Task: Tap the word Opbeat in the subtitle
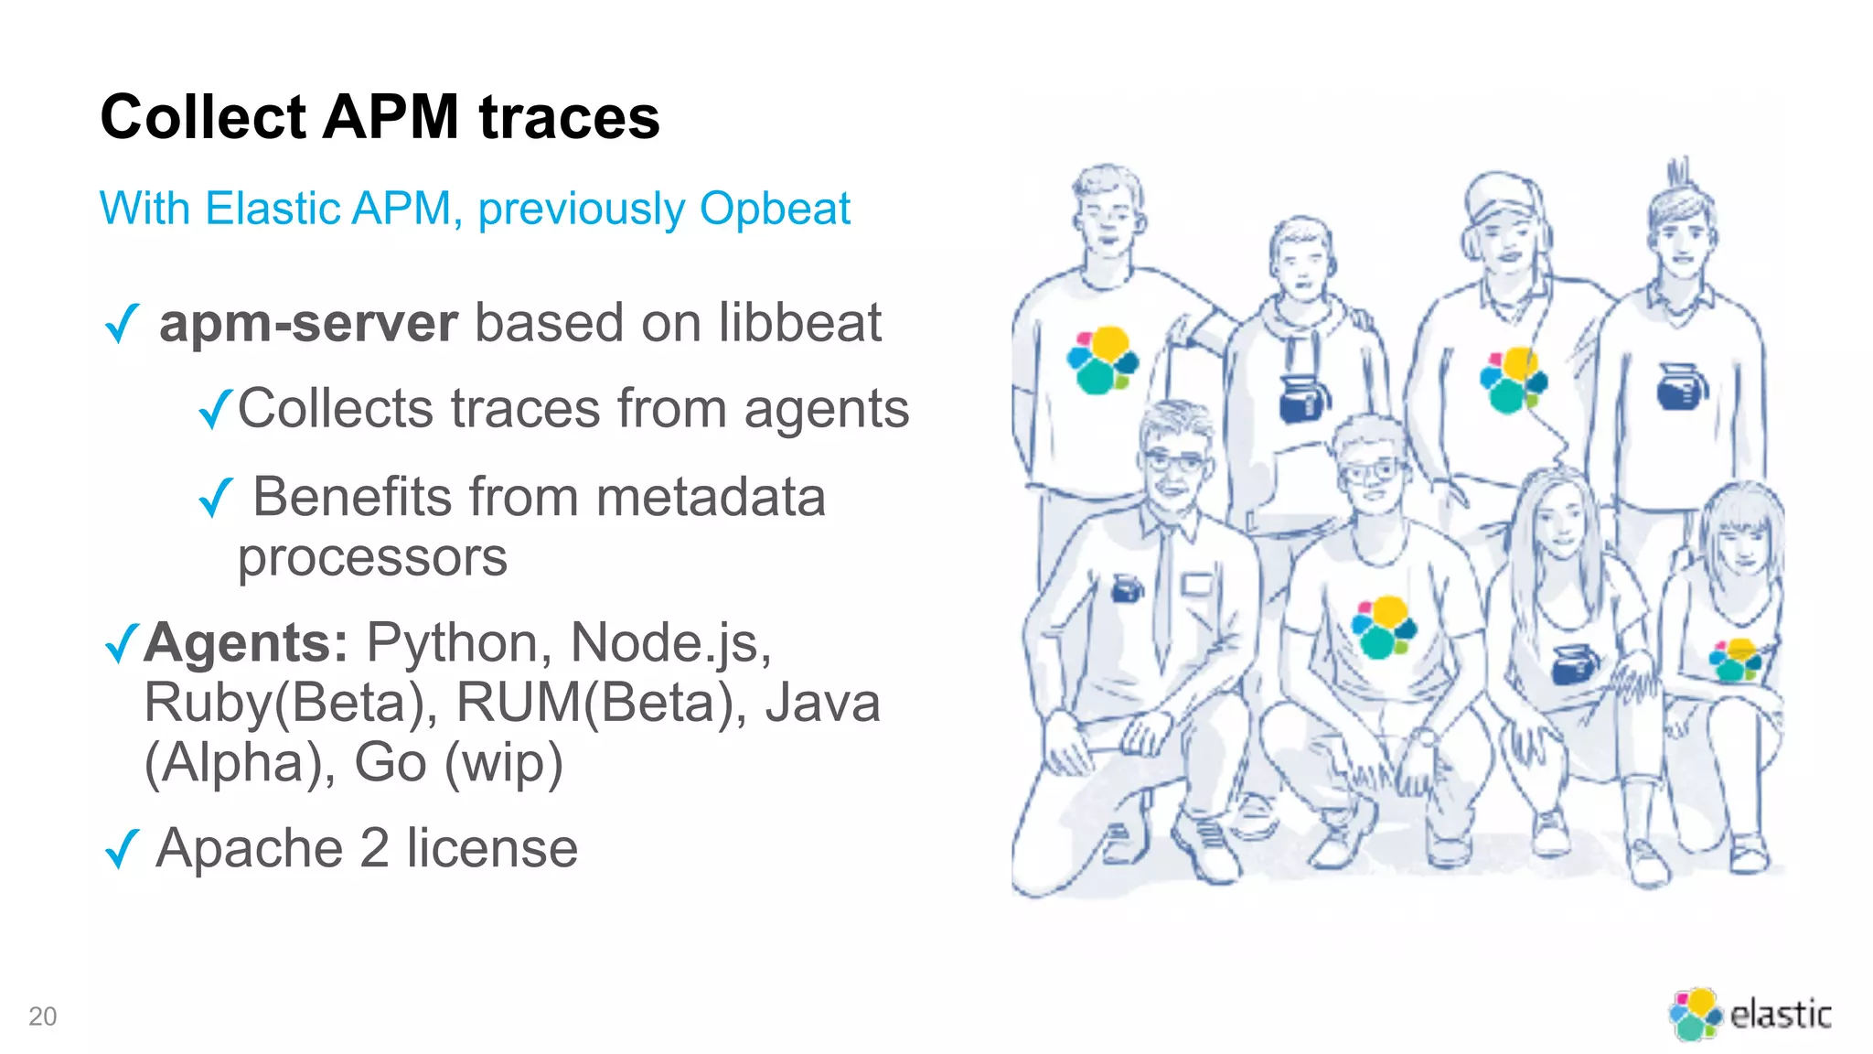(x=775, y=209)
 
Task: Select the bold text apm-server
(x=308, y=323)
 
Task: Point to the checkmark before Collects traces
(x=216, y=409)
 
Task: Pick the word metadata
(x=711, y=498)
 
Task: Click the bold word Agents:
(x=246, y=642)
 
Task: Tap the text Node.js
(x=670, y=642)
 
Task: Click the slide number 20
(x=42, y=1016)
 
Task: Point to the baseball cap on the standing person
(x=1501, y=197)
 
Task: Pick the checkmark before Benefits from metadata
(x=216, y=498)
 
